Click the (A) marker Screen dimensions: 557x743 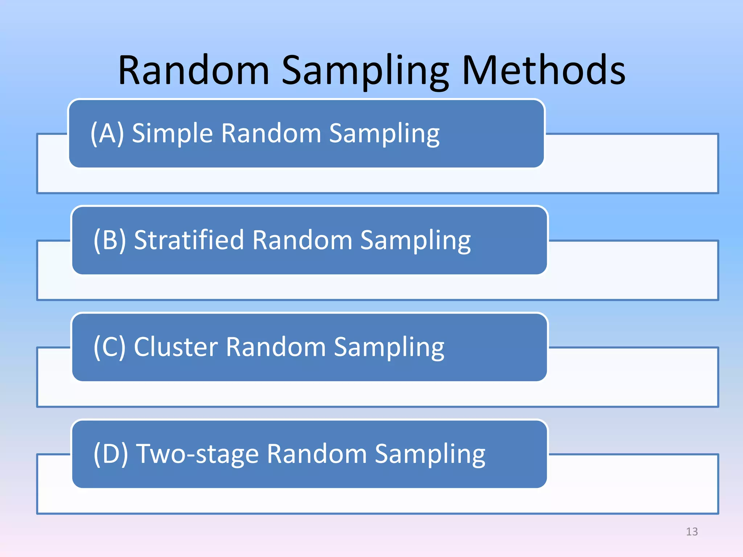107,133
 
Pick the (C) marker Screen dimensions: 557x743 110,347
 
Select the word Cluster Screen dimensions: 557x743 176,347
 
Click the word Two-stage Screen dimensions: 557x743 197,454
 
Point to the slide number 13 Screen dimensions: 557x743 692,532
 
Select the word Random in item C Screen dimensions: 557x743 276,347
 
